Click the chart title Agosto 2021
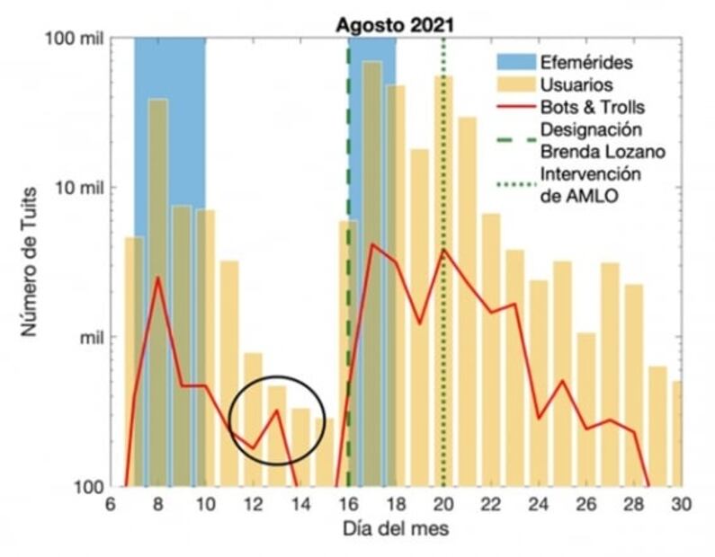tap(396, 24)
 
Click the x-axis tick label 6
tap(111, 504)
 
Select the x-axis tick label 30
tap(681, 504)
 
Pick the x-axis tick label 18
tap(396, 504)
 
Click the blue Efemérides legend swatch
tap(515, 63)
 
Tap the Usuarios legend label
tap(576, 85)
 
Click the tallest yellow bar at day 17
tap(372, 270)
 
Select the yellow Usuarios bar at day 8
tap(158, 296)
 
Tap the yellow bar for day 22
tap(491, 350)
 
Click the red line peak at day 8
tap(158, 278)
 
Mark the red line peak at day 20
tap(443, 250)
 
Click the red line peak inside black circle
tap(277, 411)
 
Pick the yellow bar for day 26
tap(586, 409)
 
